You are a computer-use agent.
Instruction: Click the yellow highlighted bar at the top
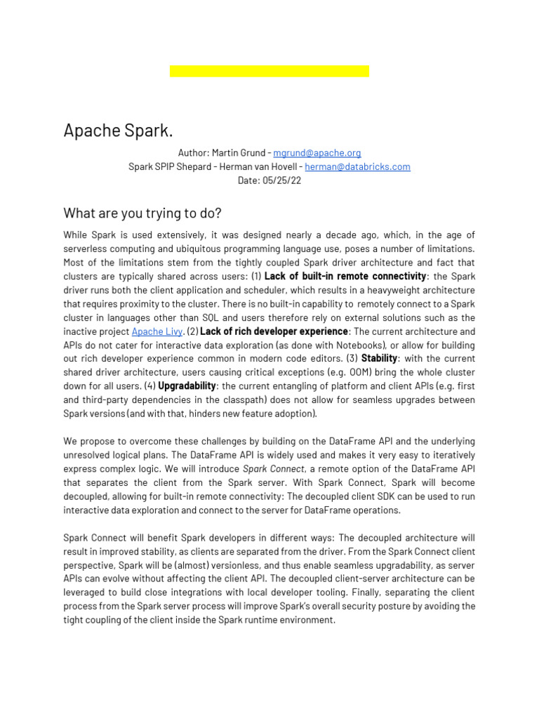tap(269, 71)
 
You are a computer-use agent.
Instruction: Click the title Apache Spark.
tap(118, 131)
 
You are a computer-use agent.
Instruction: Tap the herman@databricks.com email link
tap(357, 166)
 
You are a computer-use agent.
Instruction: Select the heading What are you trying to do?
tap(142, 213)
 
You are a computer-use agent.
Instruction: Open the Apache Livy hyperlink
tap(157, 331)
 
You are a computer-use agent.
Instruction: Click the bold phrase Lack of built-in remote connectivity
tap(345, 276)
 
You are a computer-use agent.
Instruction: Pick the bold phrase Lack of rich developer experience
tap(274, 331)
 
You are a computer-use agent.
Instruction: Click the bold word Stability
tap(379, 359)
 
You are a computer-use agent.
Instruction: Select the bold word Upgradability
tap(187, 386)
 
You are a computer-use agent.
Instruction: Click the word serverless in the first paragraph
tap(90, 249)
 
